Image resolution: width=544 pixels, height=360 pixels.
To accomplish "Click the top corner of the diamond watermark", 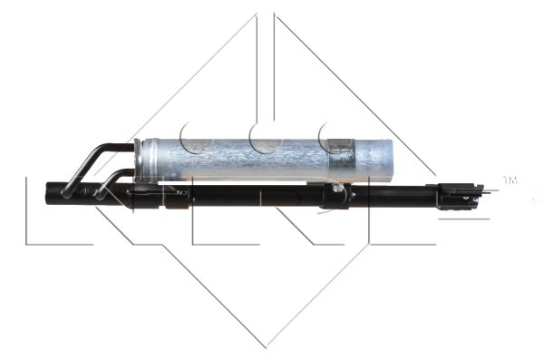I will point(266,13).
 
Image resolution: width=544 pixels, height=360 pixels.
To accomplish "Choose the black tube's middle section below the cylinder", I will point(254,195).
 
